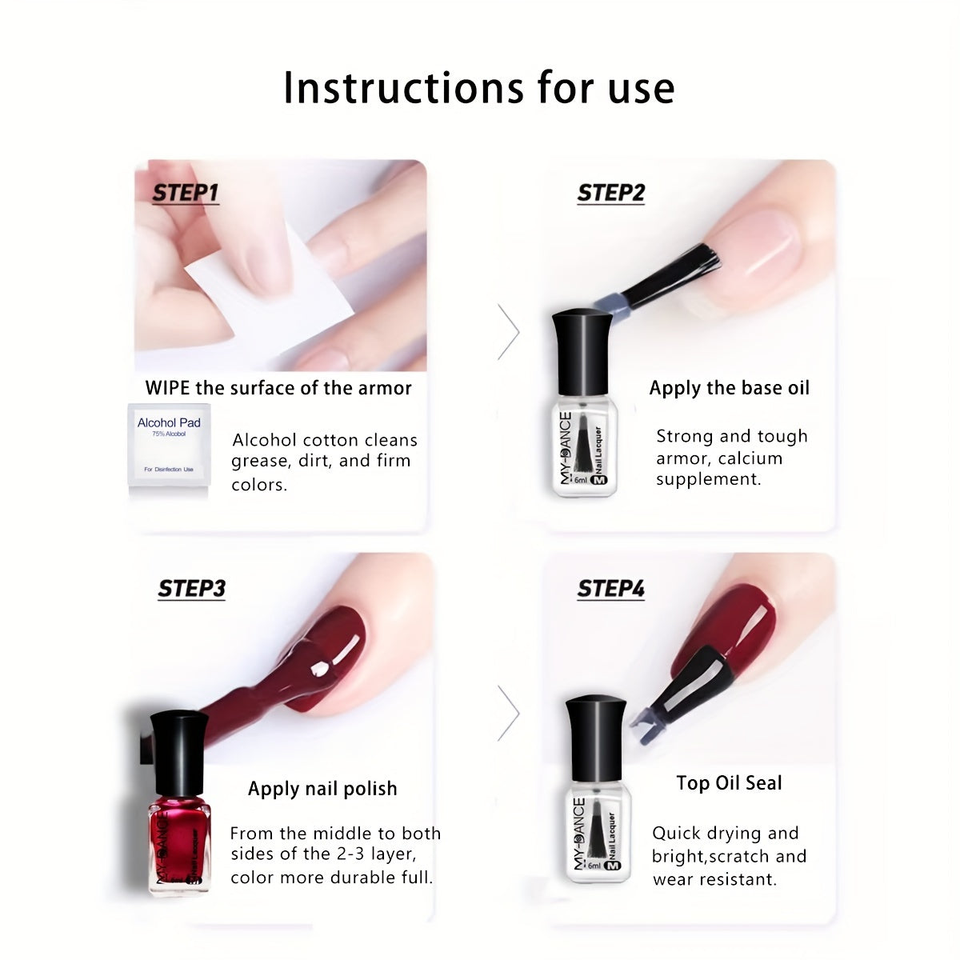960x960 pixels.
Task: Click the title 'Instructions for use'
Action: coord(478,87)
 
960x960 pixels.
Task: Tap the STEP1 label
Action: coord(185,194)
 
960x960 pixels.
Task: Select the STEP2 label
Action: coord(610,194)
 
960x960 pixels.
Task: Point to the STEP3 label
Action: coord(191,589)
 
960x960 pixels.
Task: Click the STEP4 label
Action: coord(610,590)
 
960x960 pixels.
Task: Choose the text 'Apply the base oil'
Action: coord(729,388)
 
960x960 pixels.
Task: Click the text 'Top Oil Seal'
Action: coord(729,783)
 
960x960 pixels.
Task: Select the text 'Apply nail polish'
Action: coord(322,789)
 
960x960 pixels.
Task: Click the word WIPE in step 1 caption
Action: coord(167,388)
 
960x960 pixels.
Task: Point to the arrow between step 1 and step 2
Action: coord(508,331)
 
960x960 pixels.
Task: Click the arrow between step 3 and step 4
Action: coord(508,713)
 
